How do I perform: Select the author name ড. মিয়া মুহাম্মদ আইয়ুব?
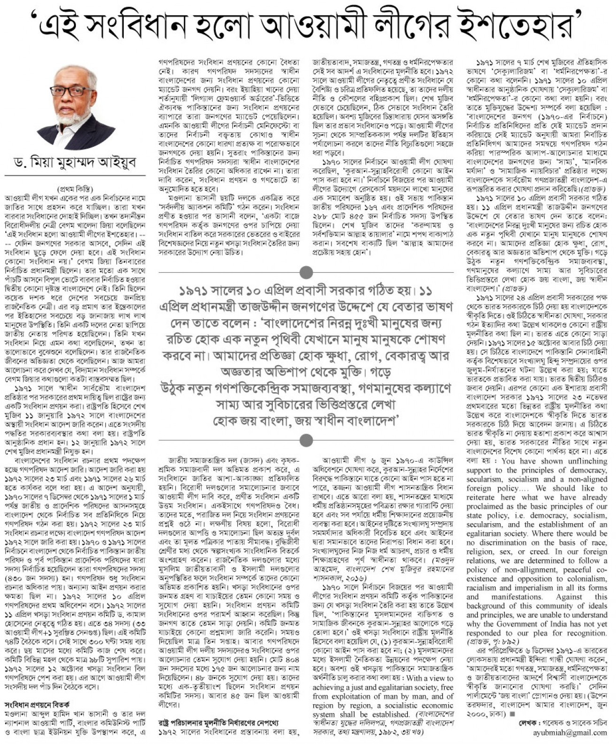75,165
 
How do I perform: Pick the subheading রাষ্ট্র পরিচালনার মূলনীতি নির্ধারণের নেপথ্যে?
229,722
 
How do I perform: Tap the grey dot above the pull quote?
306,272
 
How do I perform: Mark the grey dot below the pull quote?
306,440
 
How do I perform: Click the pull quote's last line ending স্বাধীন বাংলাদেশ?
306,420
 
